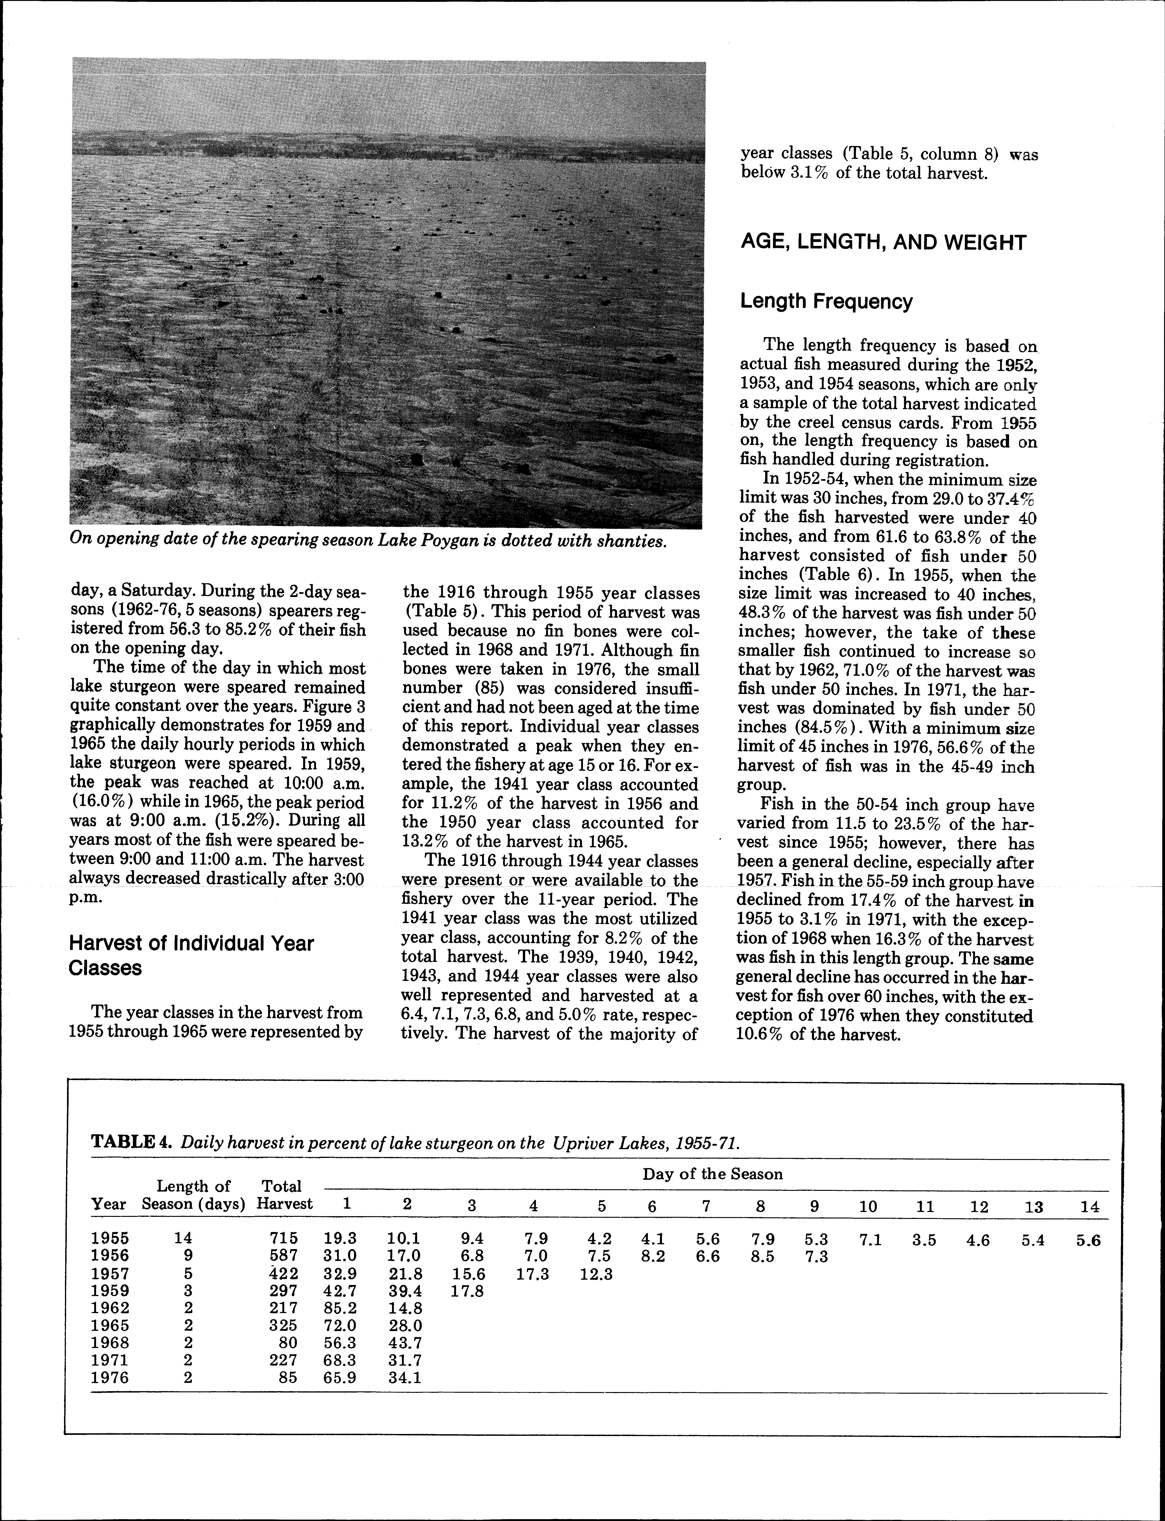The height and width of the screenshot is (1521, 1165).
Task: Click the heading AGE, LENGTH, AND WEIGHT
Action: [883, 243]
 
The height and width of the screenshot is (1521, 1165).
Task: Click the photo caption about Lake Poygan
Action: [368, 541]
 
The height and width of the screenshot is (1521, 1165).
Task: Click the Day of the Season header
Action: [712, 1174]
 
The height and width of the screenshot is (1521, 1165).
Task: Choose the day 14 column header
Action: [1089, 1206]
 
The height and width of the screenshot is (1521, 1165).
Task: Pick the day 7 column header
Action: [706, 1206]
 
